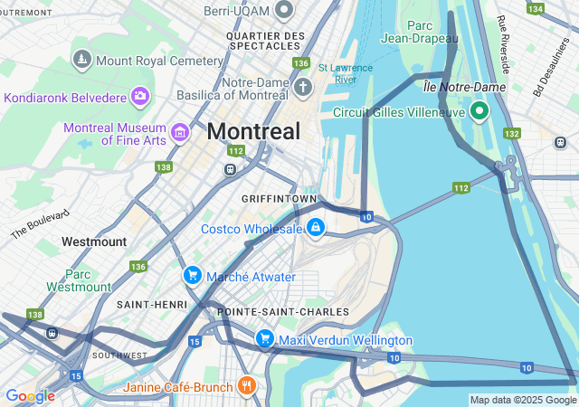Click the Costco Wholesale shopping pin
(x=315, y=228)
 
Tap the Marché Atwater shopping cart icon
(x=192, y=275)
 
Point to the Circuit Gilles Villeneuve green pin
(x=478, y=112)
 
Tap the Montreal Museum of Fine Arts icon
(x=179, y=134)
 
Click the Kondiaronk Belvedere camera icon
(x=140, y=96)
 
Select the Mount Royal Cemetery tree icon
(x=82, y=60)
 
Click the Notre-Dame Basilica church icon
(x=303, y=88)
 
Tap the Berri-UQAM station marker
(x=285, y=10)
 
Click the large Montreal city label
(x=253, y=131)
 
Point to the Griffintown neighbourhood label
(x=279, y=198)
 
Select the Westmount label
(x=94, y=241)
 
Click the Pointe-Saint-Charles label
(x=283, y=312)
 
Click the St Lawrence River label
(x=337, y=73)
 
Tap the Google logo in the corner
(x=30, y=395)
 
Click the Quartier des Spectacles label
(x=264, y=41)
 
